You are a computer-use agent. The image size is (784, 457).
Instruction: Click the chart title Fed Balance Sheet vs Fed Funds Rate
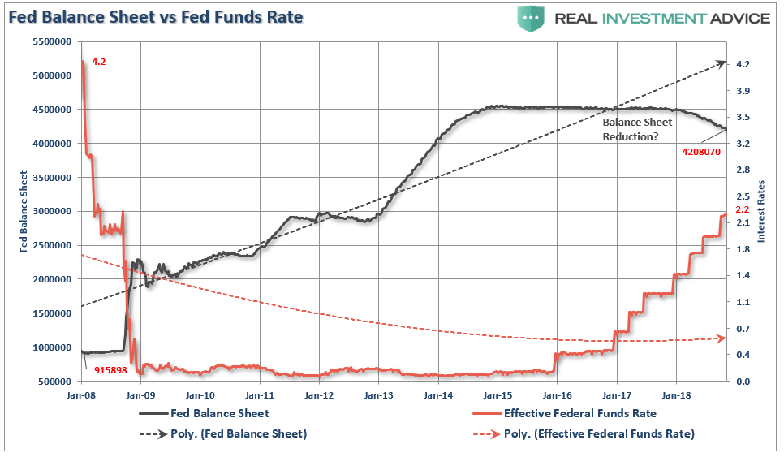pos(156,17)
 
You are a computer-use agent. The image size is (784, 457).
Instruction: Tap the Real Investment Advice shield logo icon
pos(532,18)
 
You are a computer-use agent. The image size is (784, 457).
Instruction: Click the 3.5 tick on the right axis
pos(742,118)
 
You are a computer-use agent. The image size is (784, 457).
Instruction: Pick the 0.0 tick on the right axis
pos(742,382)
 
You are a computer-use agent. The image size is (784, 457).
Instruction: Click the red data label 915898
pos(105,370)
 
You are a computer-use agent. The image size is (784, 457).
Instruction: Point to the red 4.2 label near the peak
pos(97,62)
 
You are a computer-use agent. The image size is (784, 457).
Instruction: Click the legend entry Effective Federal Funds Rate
pos(579,413)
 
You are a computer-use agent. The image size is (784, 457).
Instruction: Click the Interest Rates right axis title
pos(760,211)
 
